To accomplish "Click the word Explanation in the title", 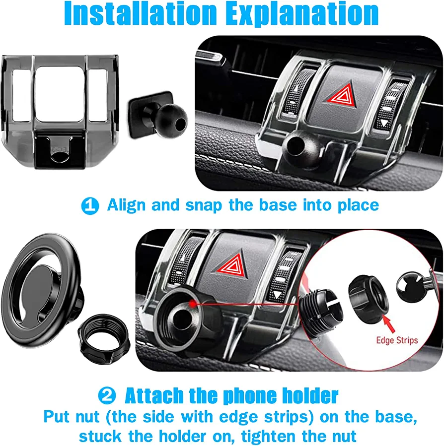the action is pos(302,14).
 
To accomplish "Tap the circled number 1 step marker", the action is pos(90,206).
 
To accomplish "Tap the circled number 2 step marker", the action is pos(107,395).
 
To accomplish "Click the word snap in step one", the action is pos(203,206).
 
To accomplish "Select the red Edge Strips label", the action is pos(397,340).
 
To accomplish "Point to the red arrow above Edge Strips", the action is pos(389,323).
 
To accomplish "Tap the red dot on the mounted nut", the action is pos(193,304).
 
